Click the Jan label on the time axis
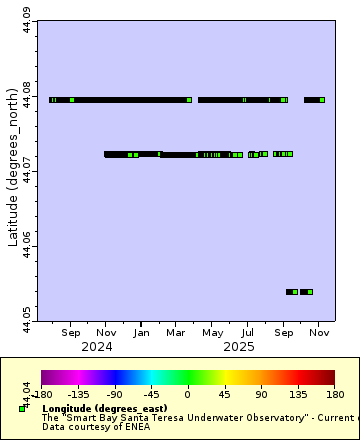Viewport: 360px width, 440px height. coord(141,332)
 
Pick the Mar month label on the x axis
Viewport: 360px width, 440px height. coord(176,332)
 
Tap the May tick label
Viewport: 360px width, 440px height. coord(212,332)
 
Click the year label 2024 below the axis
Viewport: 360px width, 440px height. coord(96,347)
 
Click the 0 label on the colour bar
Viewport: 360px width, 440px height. coord(187,393)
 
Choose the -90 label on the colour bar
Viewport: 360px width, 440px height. coord(115,393)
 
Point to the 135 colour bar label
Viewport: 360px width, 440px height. coord(297,393)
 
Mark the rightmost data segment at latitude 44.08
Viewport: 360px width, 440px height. coord(314,100)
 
